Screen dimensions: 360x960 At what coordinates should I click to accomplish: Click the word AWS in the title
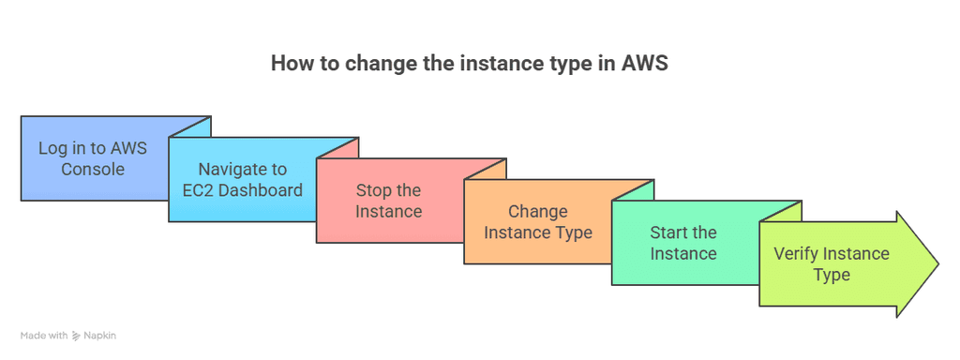pyautogui.click(x=645, y=64)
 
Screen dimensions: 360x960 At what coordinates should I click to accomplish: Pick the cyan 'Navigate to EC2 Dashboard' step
pyautogui.click(x=242, y=180)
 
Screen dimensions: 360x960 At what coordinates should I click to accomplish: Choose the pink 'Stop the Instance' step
pyautogui.click(x=388, y=201)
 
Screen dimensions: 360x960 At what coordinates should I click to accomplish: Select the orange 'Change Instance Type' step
pyautogui.click(x=537, y=221)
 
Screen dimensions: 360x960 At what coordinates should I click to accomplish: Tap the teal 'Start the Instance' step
pyautogui.click(x=683, y=243)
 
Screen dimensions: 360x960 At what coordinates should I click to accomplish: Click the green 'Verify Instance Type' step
pyautogui.click(x=832, y=263)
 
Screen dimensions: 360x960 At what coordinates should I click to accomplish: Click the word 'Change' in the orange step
pyautogui.click(x=537, y=211)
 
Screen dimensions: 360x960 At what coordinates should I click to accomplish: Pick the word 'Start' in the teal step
pyautogui.click(x=668, y=232)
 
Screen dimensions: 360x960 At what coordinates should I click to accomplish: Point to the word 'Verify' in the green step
pyautogui.click(x=797, y=253)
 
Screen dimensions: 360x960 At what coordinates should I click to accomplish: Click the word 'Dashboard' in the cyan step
pyautogui.click(x=258, y=190)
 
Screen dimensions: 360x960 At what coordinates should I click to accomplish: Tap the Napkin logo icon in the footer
pyautogui.click(x=76, y=336)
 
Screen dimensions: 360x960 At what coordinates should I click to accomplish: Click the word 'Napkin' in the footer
pyautogui.click(x=98, y=336)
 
